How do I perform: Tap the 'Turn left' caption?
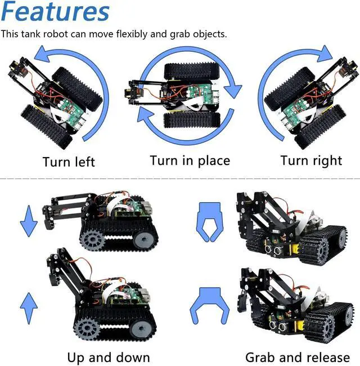69,162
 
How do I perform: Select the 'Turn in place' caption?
190,160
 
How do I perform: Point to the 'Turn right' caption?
311,160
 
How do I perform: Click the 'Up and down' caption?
109,357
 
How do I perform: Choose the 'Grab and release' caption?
297,357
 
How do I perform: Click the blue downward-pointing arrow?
29,222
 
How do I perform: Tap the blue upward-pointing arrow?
29,307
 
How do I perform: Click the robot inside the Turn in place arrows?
180,93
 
